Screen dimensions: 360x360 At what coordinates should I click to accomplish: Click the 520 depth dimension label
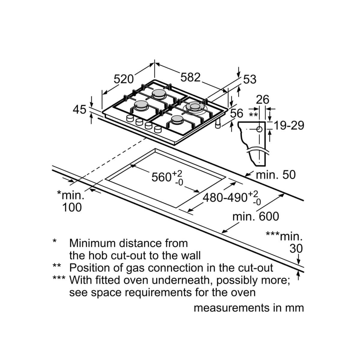pyautogui.click(x=124, y=79)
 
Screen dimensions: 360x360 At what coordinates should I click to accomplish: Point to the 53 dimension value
pyautogui.click(x=250, y=79)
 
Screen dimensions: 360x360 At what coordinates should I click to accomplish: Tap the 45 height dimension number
pyautogui.click(x=79, y=109)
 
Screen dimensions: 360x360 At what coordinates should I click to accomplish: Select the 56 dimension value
pyautogui.click(x=237, y=113)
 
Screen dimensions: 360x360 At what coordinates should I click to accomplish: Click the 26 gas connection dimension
pyautogui.click(x=262, y=100)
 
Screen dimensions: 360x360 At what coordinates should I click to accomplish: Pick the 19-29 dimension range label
pyautogui.click(x=289, y=125)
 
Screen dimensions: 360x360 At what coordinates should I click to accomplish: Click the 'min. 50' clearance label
pyautogui.click(x=276, y=175)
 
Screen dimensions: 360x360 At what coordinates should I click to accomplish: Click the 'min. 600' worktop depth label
pyautogui.click(x=256, y=217)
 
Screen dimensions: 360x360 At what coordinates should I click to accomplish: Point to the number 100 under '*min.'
pyautogui.click(x=72, y=207)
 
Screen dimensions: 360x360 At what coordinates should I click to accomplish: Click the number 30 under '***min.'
pyautogui.click(x=296, y=249)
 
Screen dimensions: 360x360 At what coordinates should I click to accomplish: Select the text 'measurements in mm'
pyautogui.click(x=249, y=308)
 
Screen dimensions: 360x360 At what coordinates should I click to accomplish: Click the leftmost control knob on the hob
pyautogui.click(x=130, y=118)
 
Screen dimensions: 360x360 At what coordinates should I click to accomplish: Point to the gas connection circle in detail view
pyautogui.click(x=259, y=129)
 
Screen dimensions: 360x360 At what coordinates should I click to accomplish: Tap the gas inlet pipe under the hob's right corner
pyautogui.click(x=218, y=124)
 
